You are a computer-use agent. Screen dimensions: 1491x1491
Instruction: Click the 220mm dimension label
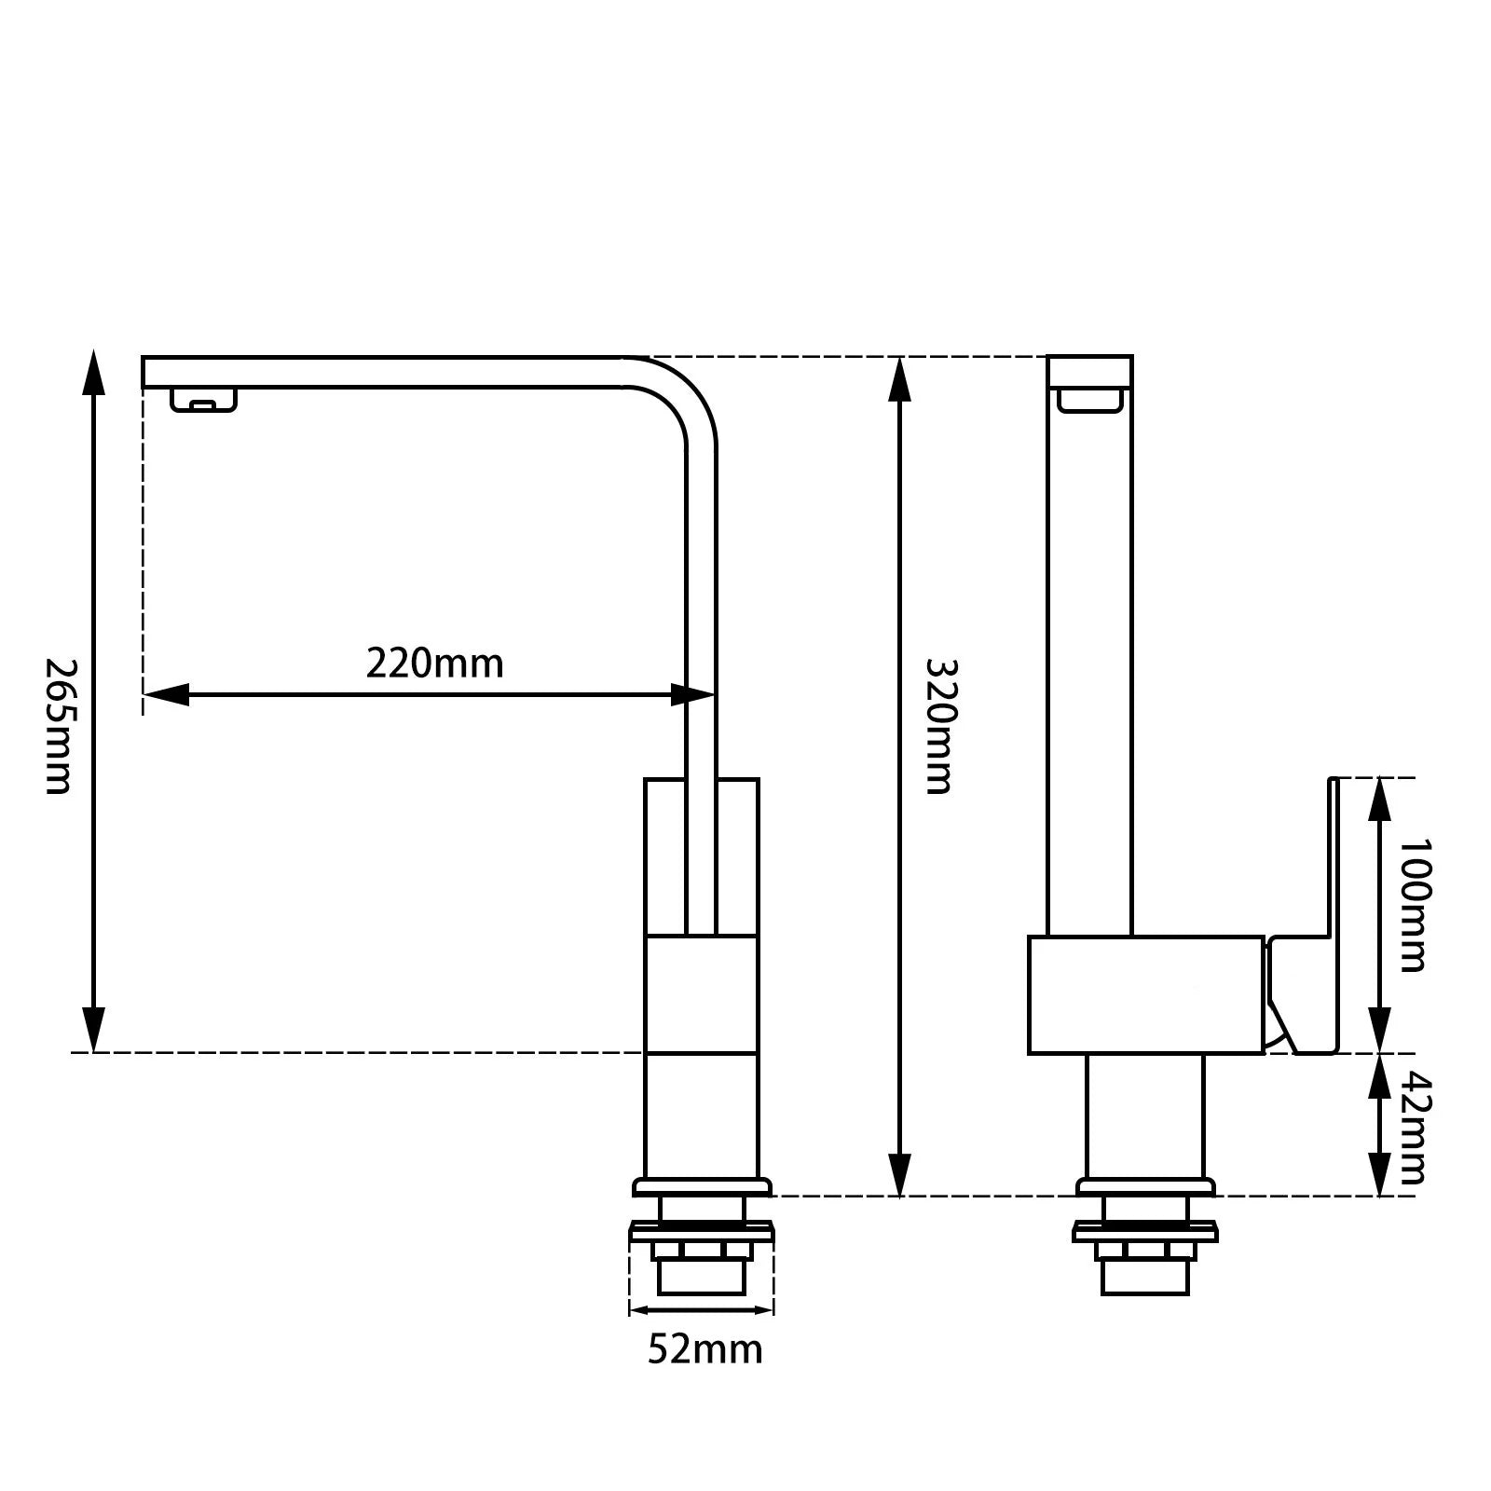pos(434,664)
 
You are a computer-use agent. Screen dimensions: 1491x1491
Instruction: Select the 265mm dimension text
pos(60,727)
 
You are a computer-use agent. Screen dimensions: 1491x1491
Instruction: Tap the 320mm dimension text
pos(939,727)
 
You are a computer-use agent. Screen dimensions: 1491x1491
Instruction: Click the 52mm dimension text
pos(704,1348)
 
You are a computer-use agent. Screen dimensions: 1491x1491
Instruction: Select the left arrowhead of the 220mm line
pos(166,694)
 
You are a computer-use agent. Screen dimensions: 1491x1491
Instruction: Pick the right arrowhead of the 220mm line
pos(691,694)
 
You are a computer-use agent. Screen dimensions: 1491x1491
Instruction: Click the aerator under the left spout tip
pos(203,402)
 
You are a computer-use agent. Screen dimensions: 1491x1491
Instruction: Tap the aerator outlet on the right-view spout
pos(1089,401)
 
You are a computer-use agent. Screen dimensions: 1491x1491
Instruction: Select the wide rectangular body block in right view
pos(1145,995)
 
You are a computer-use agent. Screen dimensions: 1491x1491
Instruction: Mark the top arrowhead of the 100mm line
pos(1379,797)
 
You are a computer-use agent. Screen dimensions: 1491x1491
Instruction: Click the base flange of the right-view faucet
pos(1145,1187)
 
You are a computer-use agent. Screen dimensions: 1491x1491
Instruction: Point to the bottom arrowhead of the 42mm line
pos(1379,1176)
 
